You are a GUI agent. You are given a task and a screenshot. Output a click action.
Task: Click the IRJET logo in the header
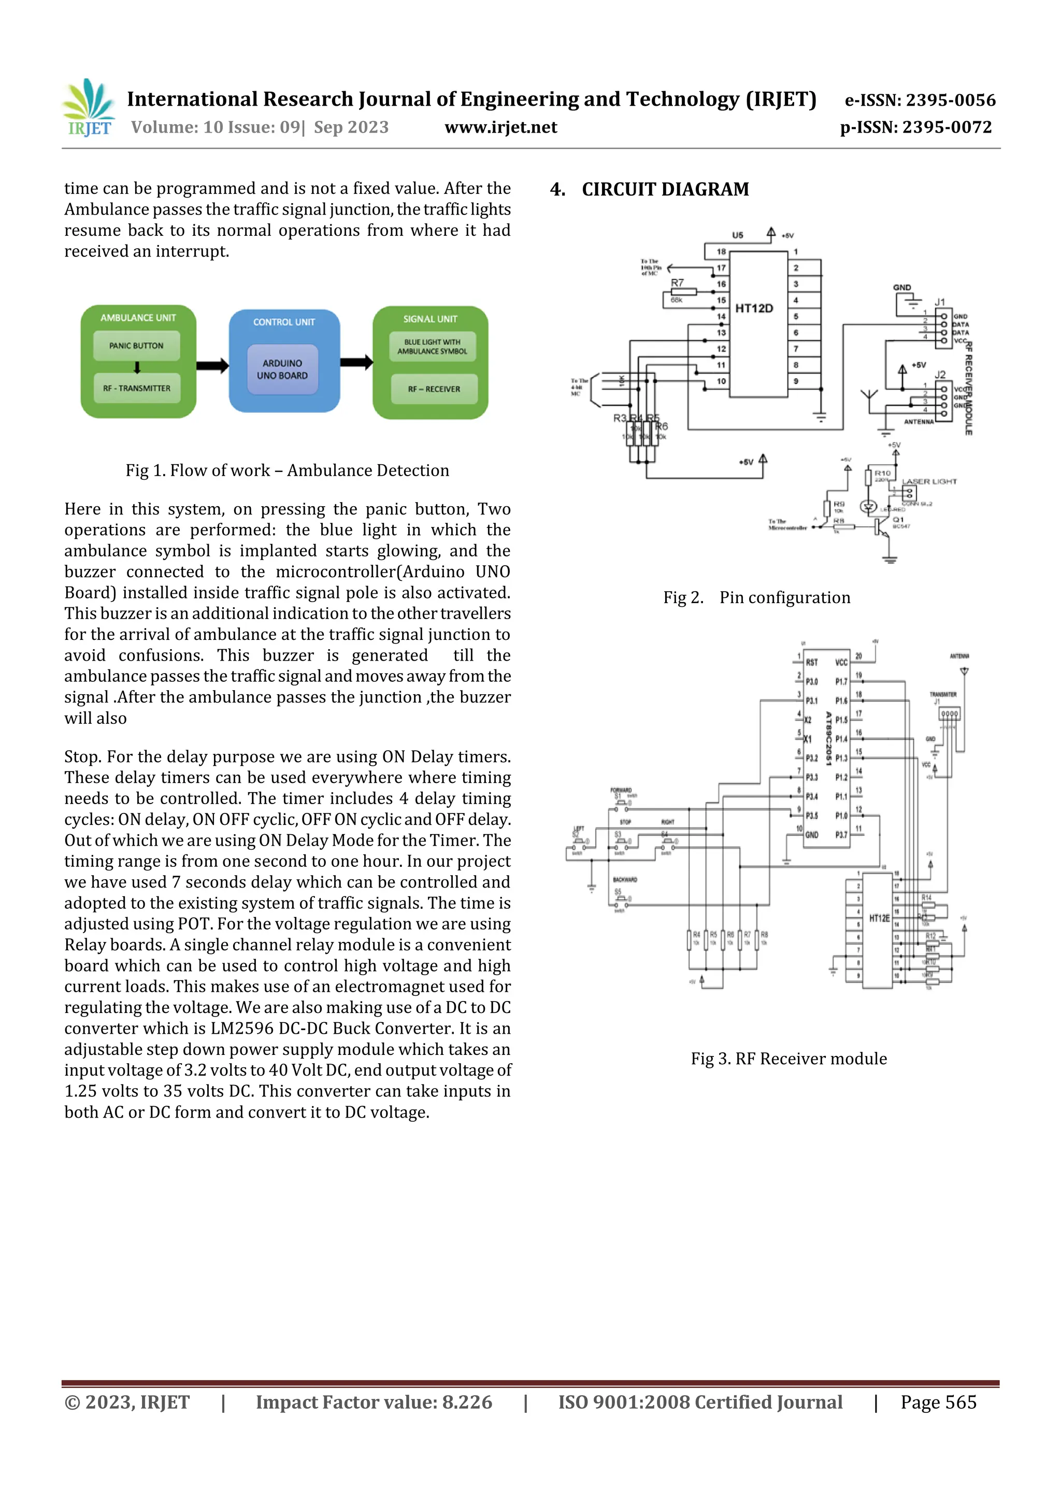90,108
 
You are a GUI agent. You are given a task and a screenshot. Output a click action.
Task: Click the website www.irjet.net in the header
501,127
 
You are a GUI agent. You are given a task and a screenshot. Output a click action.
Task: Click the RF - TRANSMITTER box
137,388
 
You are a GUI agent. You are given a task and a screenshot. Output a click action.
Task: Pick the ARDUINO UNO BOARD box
282,369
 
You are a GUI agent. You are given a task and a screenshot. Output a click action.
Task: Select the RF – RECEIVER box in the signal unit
434,389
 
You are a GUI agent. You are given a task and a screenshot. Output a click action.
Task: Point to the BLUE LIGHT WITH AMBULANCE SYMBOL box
432,347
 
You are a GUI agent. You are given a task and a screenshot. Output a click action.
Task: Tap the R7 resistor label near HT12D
677,283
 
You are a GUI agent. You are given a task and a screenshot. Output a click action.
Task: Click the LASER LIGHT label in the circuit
929,482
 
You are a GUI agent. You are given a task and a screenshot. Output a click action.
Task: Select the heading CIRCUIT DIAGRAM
665,190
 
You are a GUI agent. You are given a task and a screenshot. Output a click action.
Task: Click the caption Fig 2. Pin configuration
756,597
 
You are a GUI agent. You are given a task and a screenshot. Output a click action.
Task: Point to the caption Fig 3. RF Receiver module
788,1059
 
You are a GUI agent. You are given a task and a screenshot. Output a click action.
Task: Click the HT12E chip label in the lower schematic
879,919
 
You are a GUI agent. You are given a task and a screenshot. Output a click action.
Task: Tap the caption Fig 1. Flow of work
287,470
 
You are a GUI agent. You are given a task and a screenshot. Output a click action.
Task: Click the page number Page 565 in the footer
938,1402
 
